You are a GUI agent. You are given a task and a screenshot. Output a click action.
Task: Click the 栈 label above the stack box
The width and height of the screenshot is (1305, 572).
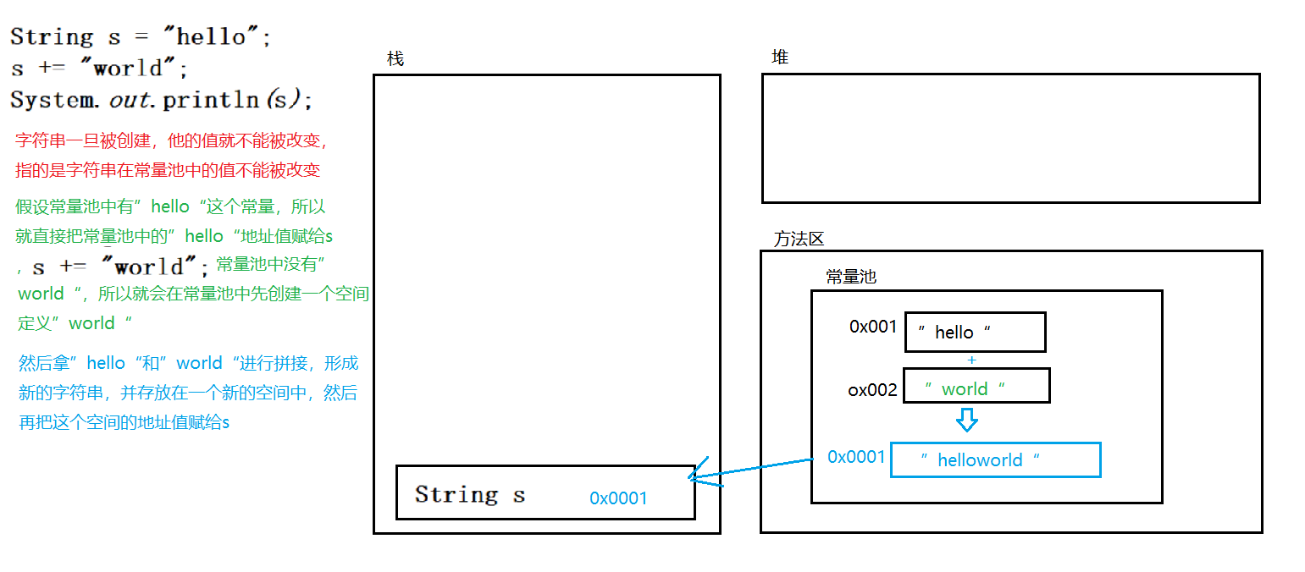coord(395,58)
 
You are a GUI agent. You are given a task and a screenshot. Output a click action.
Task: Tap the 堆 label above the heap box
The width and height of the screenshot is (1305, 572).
coord(780,57)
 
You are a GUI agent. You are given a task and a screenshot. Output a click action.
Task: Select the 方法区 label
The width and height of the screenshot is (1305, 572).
coord(799,239)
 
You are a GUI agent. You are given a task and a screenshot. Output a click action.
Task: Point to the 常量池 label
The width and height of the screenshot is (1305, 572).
coord(851,277)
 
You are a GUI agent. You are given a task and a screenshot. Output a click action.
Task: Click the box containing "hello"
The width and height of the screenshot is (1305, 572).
coord(975,332)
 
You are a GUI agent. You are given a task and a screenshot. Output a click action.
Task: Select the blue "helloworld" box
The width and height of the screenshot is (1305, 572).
coord(995,459)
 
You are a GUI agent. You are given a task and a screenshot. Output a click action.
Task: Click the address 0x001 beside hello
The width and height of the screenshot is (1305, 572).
coord(873,327)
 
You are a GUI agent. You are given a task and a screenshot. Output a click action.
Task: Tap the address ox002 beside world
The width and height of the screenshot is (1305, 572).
coord(872,390)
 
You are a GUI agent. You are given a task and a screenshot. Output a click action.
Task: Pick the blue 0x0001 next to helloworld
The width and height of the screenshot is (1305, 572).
coord(856,457)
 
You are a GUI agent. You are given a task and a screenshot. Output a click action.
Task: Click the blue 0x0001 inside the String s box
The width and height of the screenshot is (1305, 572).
coord(618,498)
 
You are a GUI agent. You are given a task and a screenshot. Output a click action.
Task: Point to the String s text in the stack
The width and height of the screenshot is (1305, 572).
coord(469,494)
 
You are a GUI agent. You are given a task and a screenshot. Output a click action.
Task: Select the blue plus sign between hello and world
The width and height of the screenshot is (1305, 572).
coord(971,360)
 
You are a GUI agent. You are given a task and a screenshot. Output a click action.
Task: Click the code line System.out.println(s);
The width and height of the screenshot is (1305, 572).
coord(161,100)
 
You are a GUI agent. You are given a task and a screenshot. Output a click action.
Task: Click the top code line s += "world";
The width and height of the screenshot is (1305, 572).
coord(98,69)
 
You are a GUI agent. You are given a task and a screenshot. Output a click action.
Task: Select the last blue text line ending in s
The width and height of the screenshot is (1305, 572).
coord(124,422)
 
